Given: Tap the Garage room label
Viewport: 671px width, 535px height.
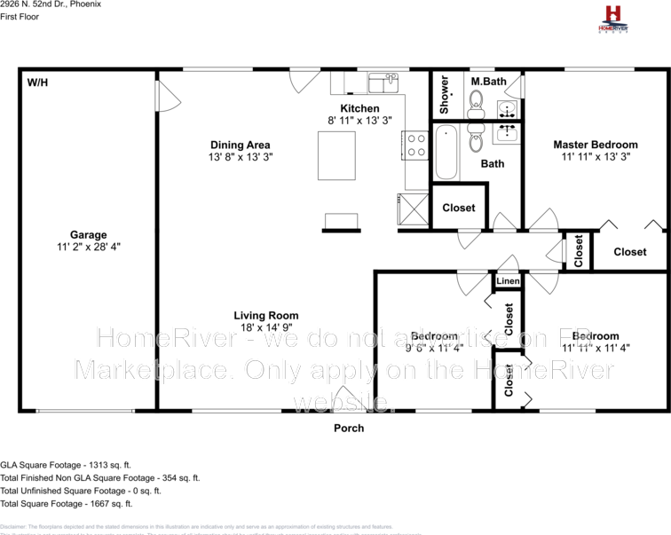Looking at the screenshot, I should pyautogui.click(x=89, y=235).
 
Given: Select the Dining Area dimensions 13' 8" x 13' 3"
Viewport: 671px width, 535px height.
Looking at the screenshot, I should pyautogui.click(x=240, y=157).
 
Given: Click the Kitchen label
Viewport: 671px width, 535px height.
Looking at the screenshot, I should pyautogui.click(x=359, y=108).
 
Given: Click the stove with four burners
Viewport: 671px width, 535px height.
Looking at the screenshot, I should pyautogui.click(x=415, y=145).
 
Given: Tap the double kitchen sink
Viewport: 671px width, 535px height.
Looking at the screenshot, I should pyautogui.click(x=383, y=83).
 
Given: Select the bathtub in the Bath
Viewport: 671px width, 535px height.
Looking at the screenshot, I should pyautogui.click(x=446, y=153).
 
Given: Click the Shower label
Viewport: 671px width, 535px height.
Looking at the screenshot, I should pyautogui.click(x=445, y=95).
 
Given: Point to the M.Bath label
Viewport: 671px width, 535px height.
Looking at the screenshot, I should pyautogui.click(x=489, y=82).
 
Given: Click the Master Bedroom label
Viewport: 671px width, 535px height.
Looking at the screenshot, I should pyautogui.click(x=595, y=145).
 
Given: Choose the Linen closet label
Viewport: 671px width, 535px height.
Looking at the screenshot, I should pyautogui.click(x=507, y=281).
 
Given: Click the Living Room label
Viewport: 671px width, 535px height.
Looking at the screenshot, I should pyautogui.click(x=265, y=315).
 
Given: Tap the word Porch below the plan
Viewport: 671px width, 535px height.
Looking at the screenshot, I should pyautogui.click(x=349, y=428).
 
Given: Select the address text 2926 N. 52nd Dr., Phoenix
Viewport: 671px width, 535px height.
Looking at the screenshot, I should pyautogui.click(x=51, y=4).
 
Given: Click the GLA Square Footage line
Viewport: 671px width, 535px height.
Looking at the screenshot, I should pyautogui.click(x=66, y=464).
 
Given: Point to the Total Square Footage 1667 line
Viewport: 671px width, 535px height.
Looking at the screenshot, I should pyautogui.click(x=67, y=503).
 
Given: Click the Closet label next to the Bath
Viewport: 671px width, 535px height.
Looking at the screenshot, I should pyautogui.click(x=459, y=208).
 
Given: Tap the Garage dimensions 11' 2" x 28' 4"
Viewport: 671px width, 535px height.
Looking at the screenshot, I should pyautogui.click(x=89, y=248).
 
